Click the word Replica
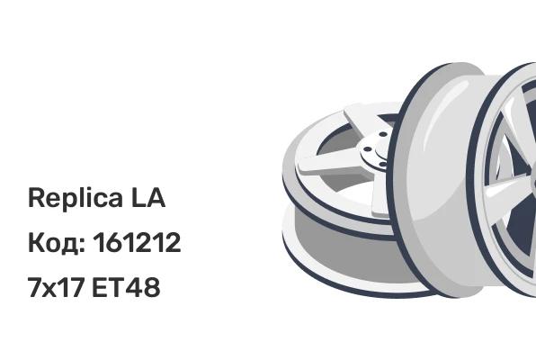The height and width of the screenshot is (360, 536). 76,198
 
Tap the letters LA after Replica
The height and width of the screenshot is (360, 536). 148,197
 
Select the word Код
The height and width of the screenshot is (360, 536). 54,243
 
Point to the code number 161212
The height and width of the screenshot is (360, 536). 137,242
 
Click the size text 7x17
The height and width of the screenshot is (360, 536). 56,287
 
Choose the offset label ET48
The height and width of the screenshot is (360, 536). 126,287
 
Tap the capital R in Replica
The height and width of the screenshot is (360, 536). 36,197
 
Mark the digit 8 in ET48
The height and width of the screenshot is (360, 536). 151,287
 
